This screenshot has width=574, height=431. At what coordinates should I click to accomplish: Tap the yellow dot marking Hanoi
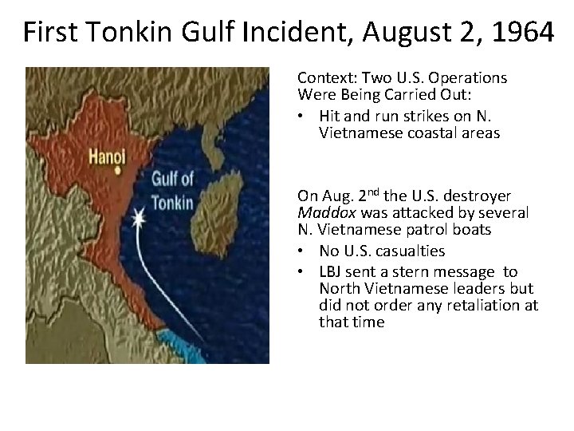click(x=117, y=170)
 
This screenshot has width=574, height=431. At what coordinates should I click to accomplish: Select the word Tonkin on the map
click(x=171, y=200)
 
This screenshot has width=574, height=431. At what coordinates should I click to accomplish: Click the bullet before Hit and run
click(x=304, y=117)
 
